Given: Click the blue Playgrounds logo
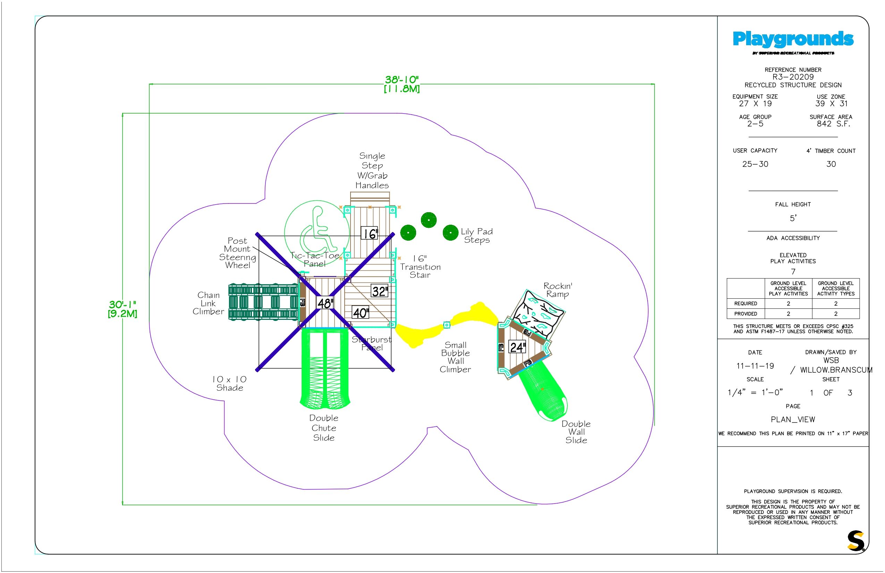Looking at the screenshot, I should (x=793, y=39).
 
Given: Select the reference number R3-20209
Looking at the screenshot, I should (x=793, y=77).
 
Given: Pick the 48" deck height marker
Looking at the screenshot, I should (x=324, y=303).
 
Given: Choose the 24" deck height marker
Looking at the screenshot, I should (x=517, y=347).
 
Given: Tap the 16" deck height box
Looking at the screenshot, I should (x=370, y=234).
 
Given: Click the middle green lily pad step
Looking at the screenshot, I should (x=428, y=220).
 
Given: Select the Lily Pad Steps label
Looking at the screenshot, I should (x=477, y=235).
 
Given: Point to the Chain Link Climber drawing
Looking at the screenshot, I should (x=263, y=302).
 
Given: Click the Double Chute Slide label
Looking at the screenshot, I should (x=324, y=428).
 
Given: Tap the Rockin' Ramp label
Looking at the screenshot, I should (x=557, y=290).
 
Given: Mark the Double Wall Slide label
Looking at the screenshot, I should (x=576, y=432).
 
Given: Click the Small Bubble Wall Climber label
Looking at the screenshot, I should (x=455, y=357).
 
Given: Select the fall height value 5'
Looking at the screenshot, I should (x=793, y=218).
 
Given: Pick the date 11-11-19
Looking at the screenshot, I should (x=755, y=366).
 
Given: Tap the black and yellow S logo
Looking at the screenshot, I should (x=855, y=541).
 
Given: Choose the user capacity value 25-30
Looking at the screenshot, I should (x=755, y=164).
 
